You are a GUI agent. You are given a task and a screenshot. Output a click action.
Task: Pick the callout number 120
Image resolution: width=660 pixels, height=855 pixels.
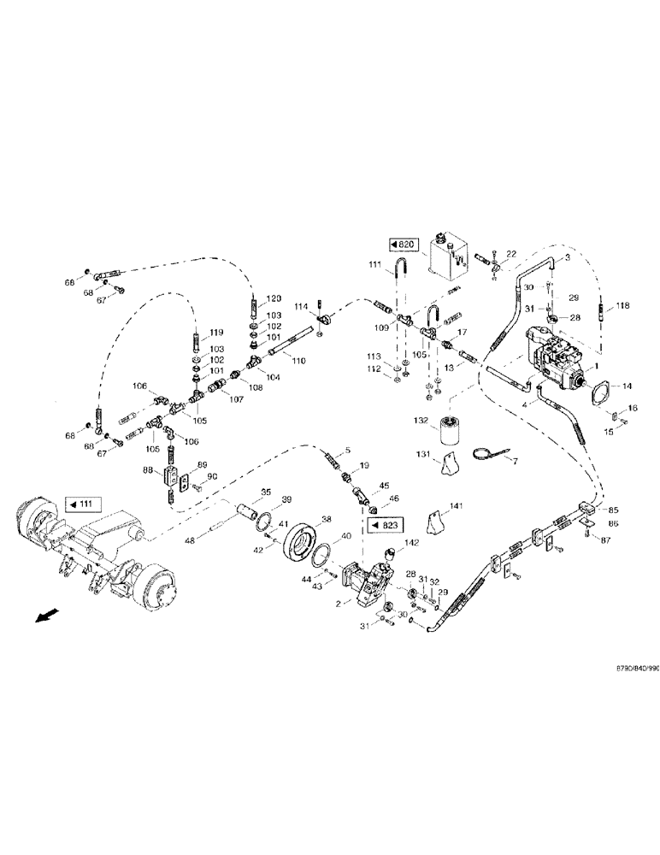point(273,298)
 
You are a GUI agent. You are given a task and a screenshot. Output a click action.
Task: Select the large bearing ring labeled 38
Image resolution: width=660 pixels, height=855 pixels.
point(300,540)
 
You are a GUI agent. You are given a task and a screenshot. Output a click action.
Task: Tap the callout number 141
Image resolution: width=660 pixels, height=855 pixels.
point(457,507)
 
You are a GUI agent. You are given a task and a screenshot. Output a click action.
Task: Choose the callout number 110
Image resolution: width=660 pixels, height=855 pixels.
point(297,361)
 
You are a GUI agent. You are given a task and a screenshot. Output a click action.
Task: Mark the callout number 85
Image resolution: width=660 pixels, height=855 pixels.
point(613,510)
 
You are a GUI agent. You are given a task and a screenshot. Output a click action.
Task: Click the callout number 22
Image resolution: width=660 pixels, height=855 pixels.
point(511,255)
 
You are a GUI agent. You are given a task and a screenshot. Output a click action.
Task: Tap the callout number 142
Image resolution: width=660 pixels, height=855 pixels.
point(412,542)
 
